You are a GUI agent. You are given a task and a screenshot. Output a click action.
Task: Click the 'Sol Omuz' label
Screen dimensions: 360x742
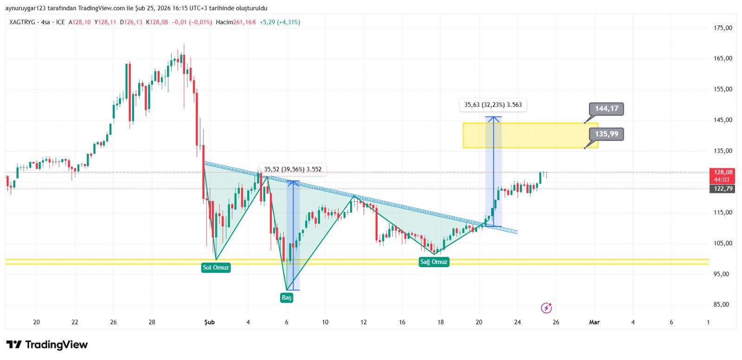coord(216,267)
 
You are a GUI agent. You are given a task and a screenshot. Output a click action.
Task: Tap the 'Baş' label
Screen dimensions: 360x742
coord(287,297)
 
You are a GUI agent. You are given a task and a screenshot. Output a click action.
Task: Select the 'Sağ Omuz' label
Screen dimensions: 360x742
coord(434,262)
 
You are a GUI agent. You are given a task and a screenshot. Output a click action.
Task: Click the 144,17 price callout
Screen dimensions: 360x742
coord(607,109)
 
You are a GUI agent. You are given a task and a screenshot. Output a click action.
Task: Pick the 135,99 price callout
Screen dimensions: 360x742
coord(607,134)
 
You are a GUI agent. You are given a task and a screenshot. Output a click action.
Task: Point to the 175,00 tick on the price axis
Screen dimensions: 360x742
coord(723,28)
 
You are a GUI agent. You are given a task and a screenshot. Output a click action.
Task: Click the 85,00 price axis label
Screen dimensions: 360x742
coord(721,304)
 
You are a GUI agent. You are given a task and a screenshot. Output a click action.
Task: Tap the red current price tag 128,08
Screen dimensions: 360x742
coord(723,172)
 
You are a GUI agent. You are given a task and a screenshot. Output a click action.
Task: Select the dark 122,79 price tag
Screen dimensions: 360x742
coord(723,188)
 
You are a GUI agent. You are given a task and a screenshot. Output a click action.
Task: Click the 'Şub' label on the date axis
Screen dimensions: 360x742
coord(210,322)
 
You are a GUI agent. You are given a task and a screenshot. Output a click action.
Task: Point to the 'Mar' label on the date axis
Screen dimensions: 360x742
coord(594,322)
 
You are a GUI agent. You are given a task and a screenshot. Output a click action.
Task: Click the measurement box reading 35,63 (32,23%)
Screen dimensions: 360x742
coord(493,105)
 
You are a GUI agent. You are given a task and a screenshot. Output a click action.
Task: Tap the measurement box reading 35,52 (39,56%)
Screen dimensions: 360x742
coord(293,169)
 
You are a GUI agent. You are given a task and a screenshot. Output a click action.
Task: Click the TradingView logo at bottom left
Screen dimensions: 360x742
coord(47,345)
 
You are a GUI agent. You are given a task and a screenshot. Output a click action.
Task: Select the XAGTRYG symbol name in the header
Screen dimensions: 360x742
coord(22,22)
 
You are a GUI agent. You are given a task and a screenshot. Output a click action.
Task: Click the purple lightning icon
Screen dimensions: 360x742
coord(546,308)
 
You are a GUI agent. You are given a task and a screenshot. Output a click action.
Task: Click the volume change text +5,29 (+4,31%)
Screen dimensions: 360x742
coord(280,22)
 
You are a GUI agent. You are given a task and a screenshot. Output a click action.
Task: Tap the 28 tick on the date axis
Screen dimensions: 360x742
coord(152,322)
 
